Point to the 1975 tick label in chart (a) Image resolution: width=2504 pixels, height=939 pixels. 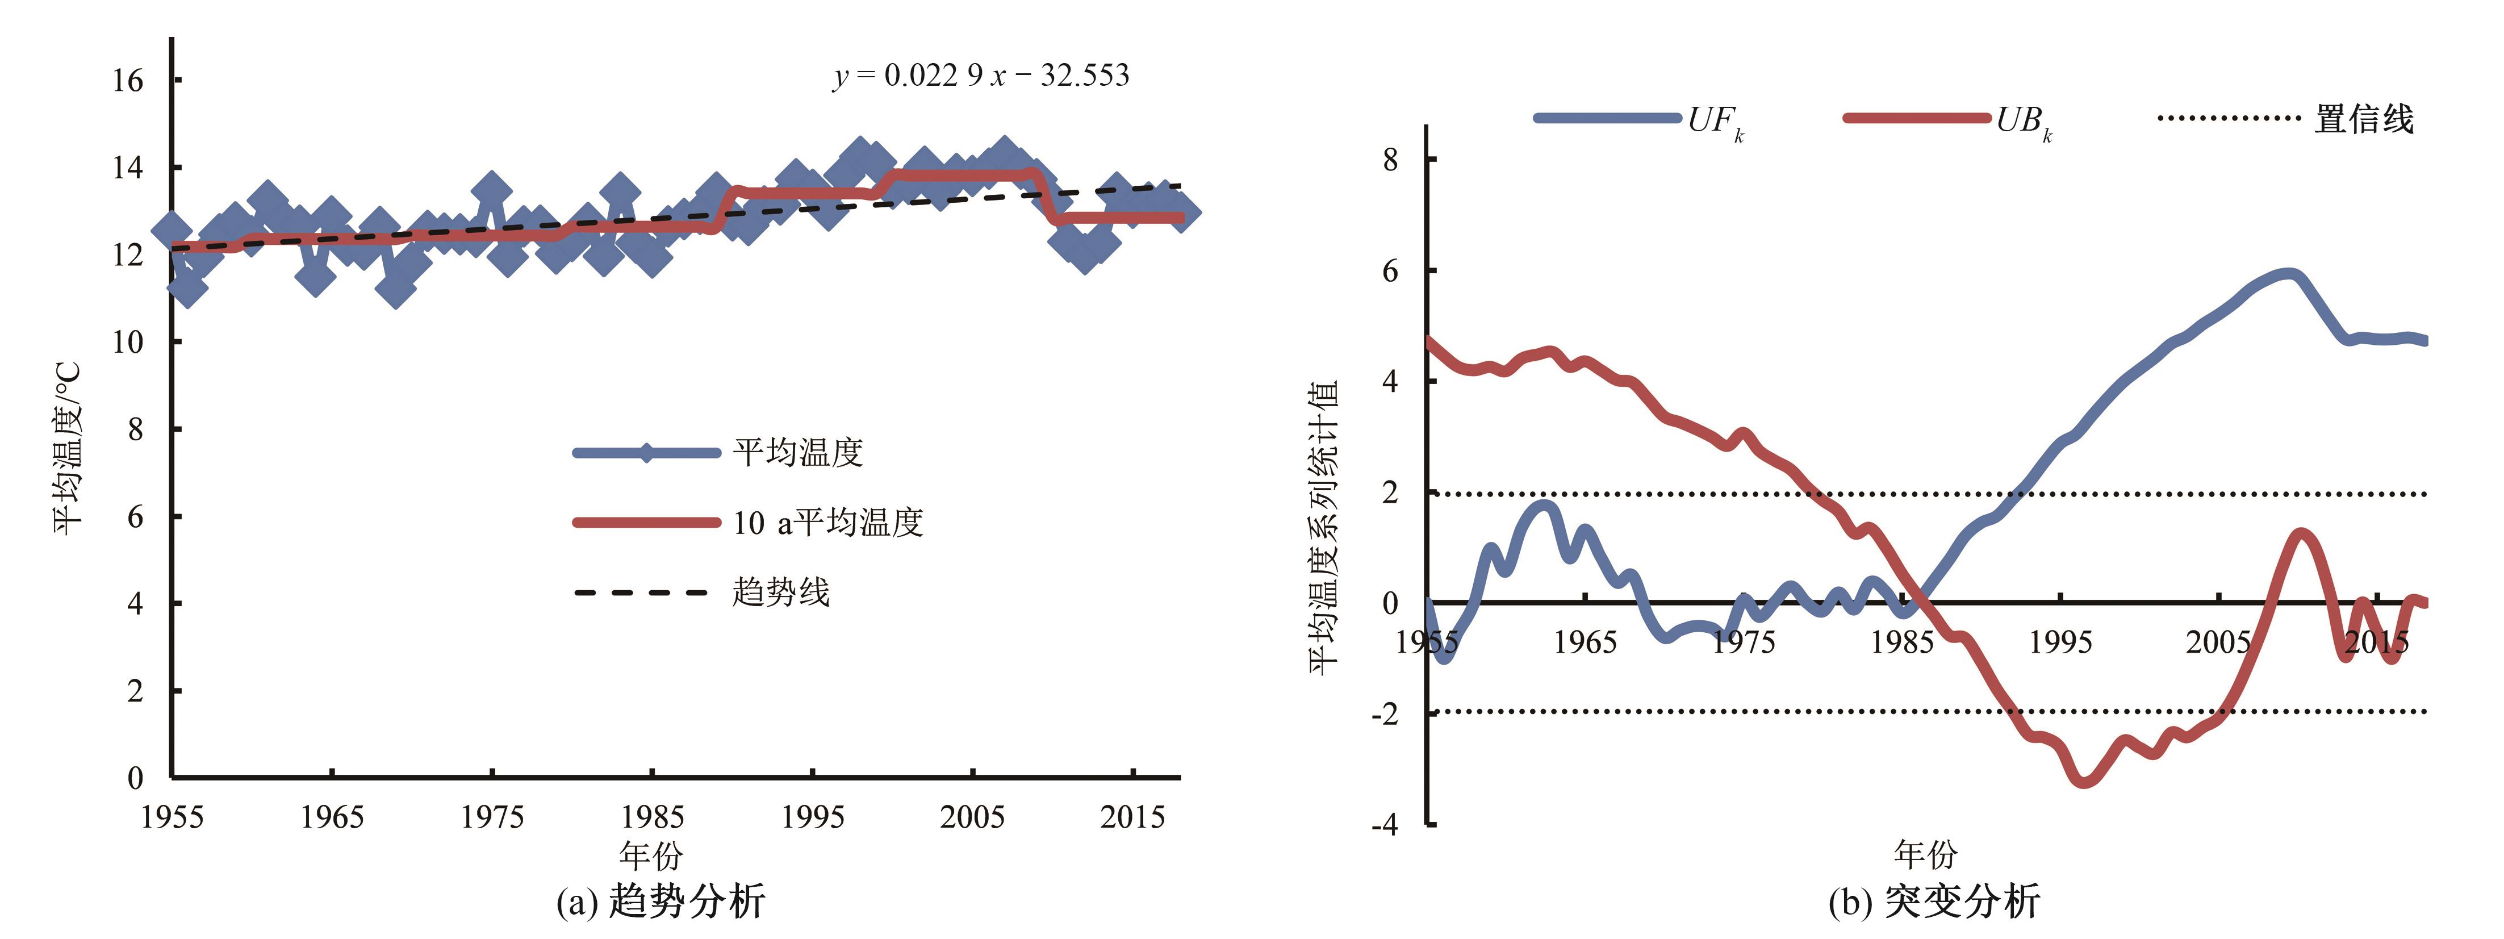coord(492,816)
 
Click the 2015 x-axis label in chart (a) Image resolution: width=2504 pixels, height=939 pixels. coord(1132,816)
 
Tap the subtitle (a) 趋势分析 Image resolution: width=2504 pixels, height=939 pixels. coord(661,901)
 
